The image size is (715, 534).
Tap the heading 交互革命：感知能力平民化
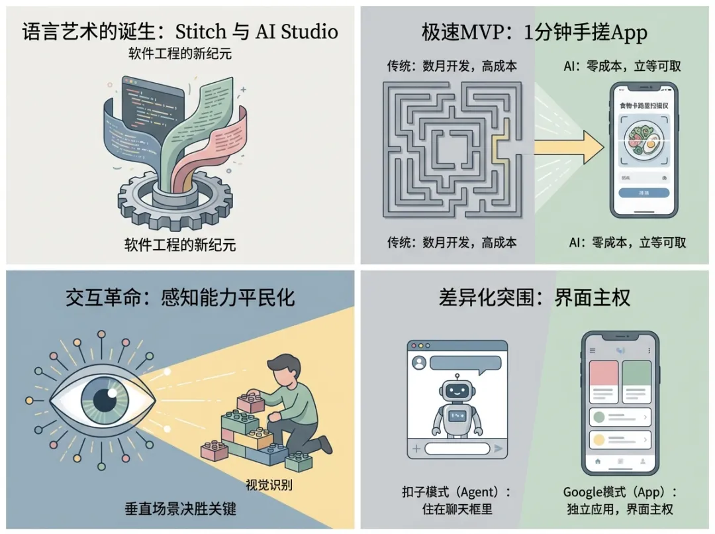[180, 297]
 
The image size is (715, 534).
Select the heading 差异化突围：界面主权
[534, 297]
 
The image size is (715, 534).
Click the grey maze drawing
[450, 151]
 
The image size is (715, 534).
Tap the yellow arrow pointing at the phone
[569, 147]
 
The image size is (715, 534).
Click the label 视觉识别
[269, 485]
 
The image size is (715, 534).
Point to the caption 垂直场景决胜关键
[180, 510]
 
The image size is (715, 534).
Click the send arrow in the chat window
[499, 449]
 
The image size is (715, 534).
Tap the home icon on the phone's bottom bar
[598, 460]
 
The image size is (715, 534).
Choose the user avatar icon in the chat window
[418, 363]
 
